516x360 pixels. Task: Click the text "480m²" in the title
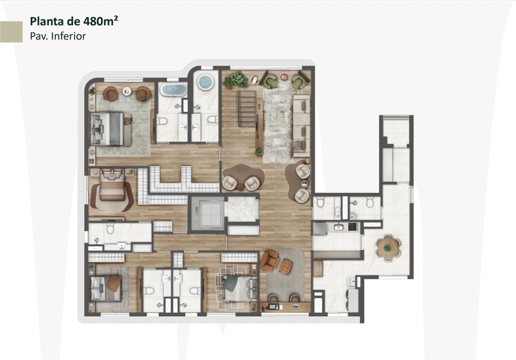100,21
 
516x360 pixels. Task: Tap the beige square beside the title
11,32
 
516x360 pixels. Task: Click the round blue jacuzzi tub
206,81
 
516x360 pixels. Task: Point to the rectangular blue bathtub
173,90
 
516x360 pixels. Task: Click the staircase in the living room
247,108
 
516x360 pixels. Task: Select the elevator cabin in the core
208,214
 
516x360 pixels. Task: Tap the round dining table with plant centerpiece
388,248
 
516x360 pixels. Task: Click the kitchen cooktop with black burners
353,226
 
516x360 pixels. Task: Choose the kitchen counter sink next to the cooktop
339,227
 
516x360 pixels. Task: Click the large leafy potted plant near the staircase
236,80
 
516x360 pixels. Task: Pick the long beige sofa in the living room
301,126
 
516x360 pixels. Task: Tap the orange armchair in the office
270,259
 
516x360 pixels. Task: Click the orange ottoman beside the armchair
286,266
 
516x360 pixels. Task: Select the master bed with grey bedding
111,129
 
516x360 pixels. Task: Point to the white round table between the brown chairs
126,91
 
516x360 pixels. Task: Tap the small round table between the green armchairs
284,78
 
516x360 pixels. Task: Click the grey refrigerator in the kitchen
320,228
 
